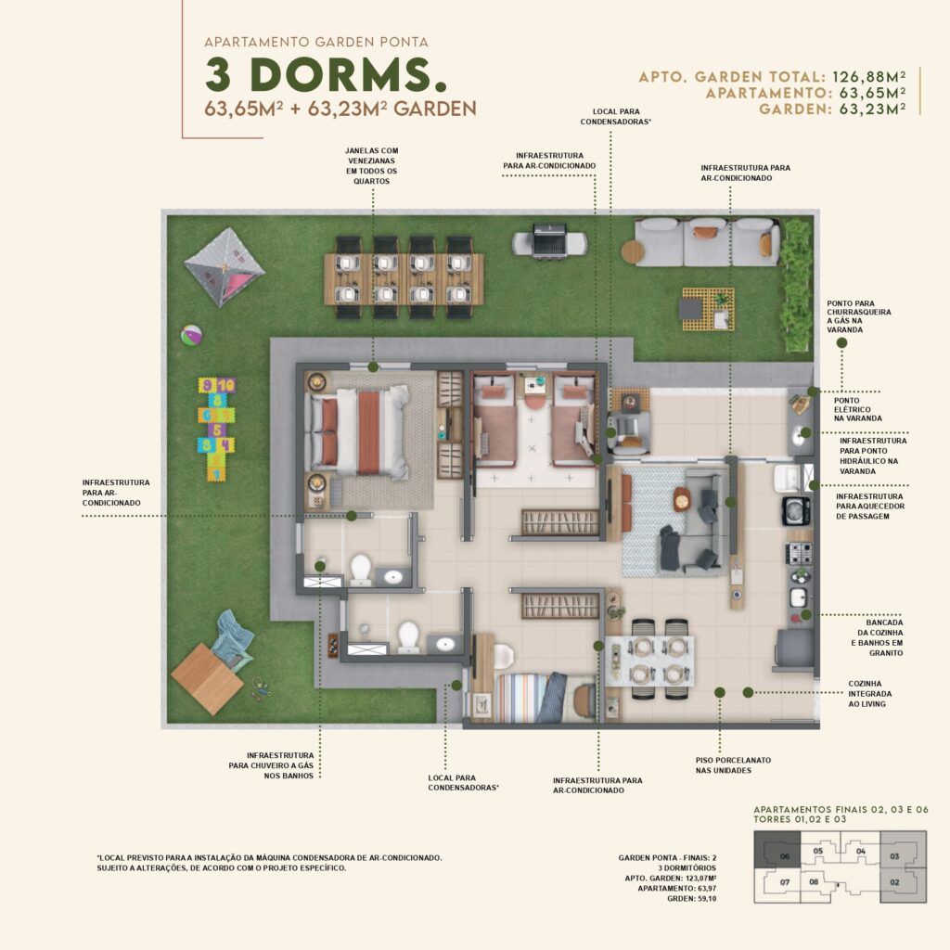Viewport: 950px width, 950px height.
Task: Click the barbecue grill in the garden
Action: point(549,240)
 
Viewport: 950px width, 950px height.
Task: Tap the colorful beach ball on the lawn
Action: point(191,335)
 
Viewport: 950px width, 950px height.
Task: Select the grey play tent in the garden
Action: point(225,266)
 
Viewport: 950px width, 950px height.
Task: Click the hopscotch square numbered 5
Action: point(217,430)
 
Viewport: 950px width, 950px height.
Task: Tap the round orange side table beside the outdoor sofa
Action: point(632,251)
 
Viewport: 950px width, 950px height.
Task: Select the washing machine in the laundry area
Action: point(796,511)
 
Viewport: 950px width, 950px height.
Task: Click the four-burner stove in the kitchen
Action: point(799,553)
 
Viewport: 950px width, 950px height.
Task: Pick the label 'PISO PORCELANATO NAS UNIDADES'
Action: point(733,765)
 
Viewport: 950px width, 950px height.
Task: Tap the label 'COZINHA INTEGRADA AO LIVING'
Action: point(869,694)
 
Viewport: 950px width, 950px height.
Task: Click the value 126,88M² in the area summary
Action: point(868,77)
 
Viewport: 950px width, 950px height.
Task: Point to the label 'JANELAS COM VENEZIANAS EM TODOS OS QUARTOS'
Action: point(372,166)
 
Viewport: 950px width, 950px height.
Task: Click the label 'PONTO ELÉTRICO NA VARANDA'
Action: point(857,409)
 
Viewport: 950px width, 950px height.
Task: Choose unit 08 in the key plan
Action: point(815,882)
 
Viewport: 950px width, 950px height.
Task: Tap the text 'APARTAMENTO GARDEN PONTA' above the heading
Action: point(316,43)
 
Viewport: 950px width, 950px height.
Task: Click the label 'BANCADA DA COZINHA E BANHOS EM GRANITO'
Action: point(877,638)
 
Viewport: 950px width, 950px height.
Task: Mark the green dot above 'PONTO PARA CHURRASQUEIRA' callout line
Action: point(841,343)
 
